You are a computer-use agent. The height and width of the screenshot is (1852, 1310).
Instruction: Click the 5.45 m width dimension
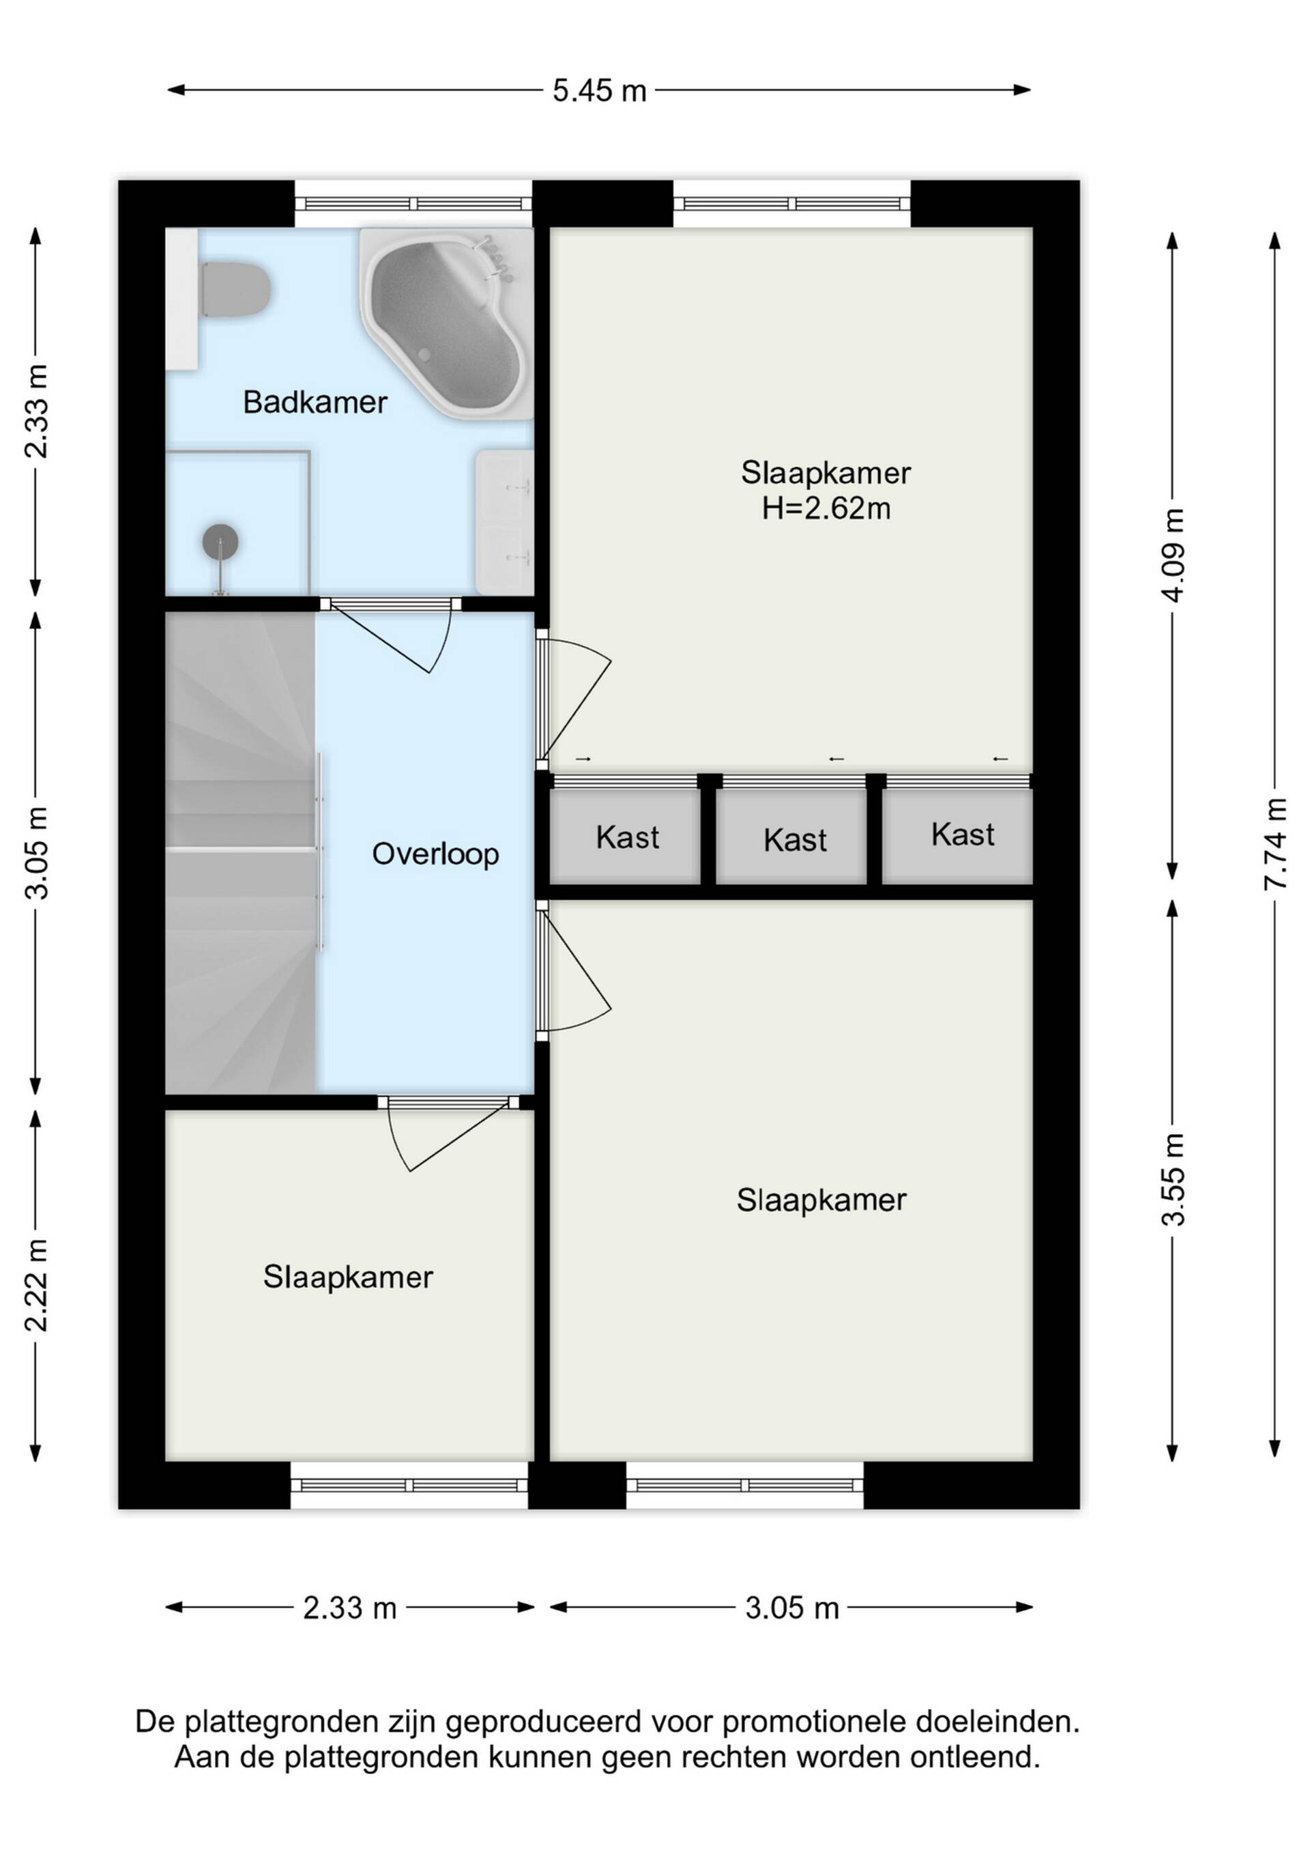(x=599, y=90)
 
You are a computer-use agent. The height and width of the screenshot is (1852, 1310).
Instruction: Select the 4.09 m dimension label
(x=1173, y=555)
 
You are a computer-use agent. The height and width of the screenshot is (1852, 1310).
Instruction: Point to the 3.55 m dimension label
(x=1173, y=1179)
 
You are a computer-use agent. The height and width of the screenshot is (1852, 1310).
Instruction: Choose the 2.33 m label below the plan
(x=350, y=1607)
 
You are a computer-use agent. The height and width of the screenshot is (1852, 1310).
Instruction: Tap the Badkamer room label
(x=315, y=402)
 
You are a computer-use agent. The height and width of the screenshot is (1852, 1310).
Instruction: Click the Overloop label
(x=435, y=854)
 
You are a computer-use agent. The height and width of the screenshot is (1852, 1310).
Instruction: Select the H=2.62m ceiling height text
(x=826, y=509)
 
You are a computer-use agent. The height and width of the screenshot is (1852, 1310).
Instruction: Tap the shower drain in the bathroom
(x=220, y=540)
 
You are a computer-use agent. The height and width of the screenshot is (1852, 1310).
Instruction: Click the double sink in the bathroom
(x=504, y=522)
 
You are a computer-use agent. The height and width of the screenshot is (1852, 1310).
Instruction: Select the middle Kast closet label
(x=795, y=841)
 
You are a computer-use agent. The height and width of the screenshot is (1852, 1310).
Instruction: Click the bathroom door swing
(x=391, y=637)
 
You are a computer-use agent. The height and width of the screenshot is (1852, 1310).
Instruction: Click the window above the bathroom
(x=413, y=204)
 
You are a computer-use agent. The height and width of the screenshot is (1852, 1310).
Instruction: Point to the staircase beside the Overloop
(x=240, y=852)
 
